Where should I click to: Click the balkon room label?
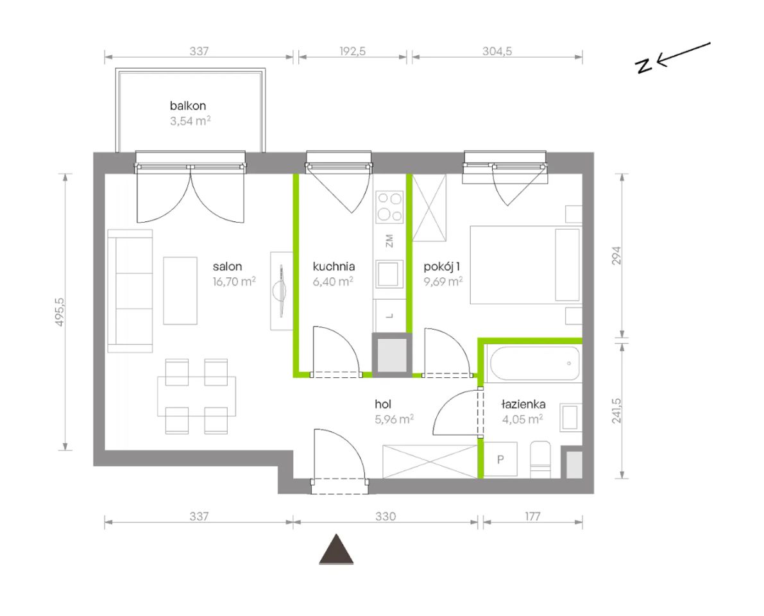click(187, 106)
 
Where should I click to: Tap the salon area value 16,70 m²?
click(234, 282)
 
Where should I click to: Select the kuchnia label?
click(334, 266)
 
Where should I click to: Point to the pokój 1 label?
click(442, 266)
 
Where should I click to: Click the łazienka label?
click(523, 404)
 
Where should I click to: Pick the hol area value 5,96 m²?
click(394, 419)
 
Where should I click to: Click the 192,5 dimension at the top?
click(352, 51)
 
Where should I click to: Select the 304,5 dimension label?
click(497, 51)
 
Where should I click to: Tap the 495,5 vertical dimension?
click(60, 312)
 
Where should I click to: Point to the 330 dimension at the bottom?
click(386, 516)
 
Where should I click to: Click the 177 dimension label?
click(532, 516)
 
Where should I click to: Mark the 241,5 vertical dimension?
click(616, 410)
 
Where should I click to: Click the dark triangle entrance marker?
click(336, 550)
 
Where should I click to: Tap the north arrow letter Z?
click(644, 66)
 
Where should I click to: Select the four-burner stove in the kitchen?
click(390, 207)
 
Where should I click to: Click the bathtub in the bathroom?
click(534, 364)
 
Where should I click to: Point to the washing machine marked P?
click(500, 459)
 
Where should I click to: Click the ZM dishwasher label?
click(389, 241)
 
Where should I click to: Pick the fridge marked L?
click(389, 316)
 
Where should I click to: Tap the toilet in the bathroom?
click(540, 459)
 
